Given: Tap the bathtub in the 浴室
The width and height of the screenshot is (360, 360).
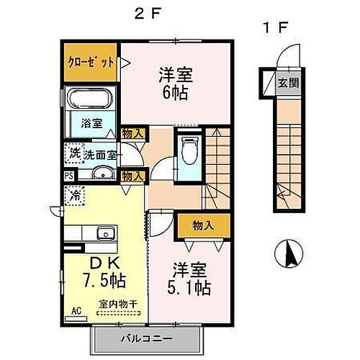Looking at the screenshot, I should point(91,102).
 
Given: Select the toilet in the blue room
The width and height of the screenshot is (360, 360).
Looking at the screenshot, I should point(190,151).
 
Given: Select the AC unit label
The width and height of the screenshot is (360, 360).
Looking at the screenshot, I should point(76,311).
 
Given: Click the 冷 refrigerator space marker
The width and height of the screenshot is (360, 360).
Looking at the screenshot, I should point(75,194).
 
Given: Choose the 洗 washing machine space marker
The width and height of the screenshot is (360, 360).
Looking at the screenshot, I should point(73,153).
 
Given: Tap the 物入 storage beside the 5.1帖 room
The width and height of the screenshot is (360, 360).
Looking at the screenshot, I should point(204,225).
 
